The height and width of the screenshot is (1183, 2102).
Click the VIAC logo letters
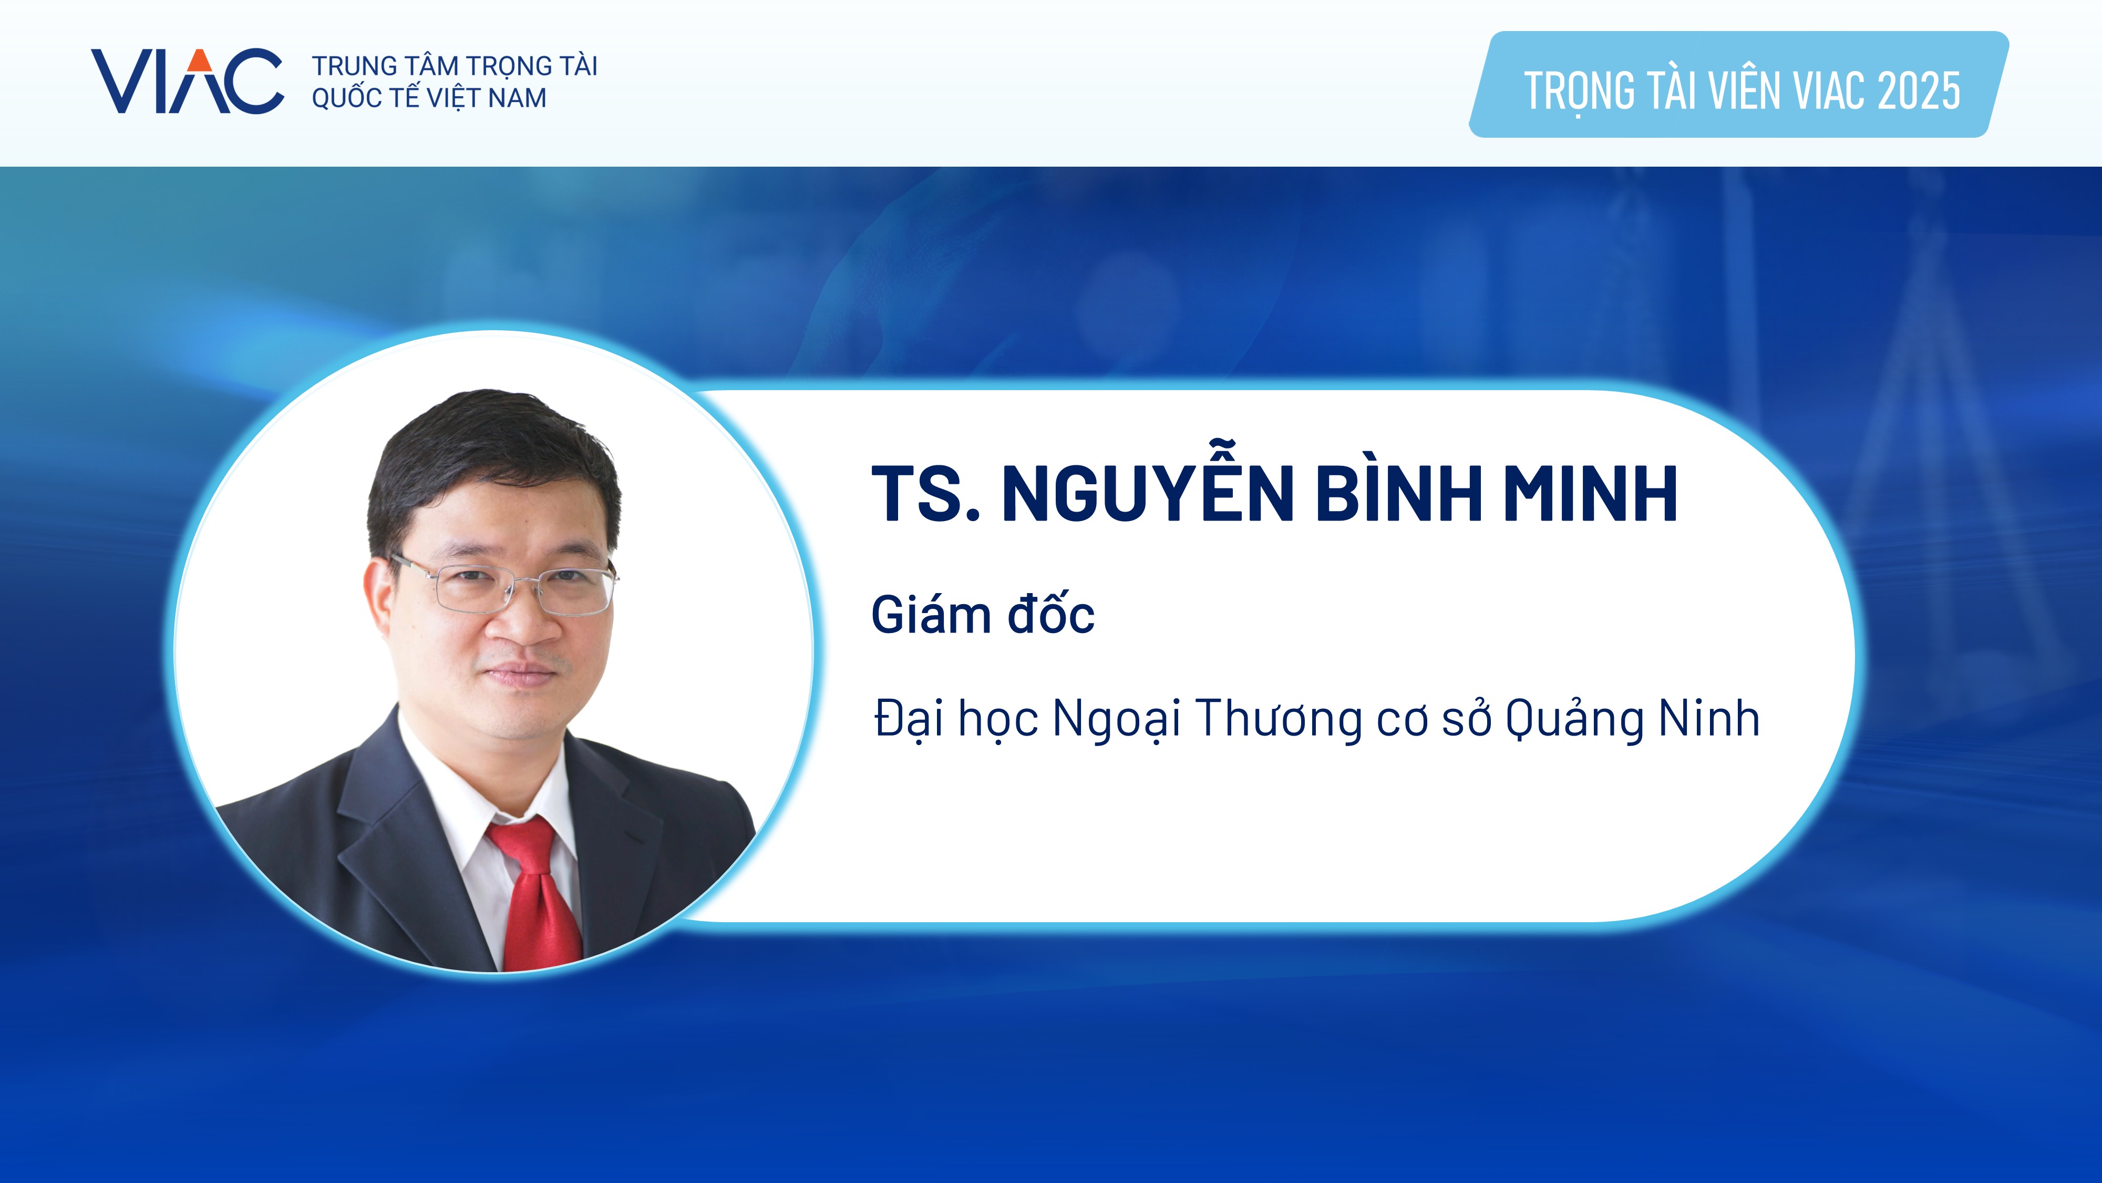point(187,81)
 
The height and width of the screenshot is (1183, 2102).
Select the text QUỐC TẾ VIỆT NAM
point(429,98)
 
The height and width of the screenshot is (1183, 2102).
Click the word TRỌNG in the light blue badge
point(1579,91)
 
